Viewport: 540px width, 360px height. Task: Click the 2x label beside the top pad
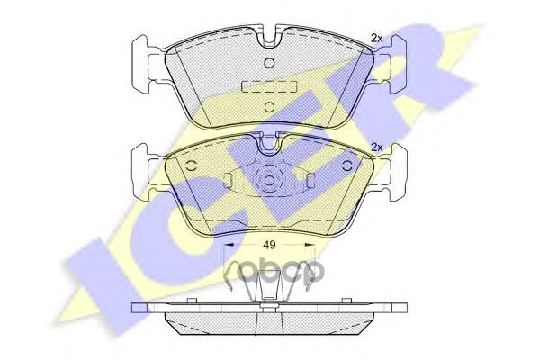377,38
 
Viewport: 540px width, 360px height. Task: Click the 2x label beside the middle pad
377,147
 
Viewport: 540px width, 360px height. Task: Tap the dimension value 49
269,245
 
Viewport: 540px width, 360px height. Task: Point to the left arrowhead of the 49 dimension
229,245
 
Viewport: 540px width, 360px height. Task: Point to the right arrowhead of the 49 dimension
310,245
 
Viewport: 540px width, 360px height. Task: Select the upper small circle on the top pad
269,63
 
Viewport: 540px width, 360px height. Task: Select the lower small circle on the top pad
269,106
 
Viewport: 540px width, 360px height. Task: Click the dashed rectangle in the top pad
269,86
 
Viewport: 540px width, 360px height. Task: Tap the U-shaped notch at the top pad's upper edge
269,39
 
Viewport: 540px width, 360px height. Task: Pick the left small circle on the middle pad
191,166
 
